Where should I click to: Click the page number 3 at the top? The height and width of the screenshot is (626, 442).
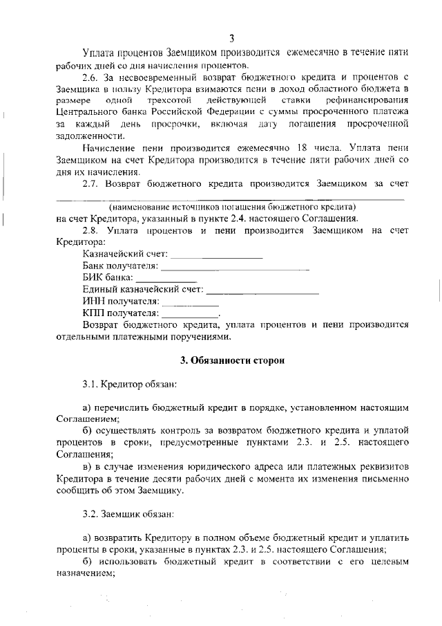[232, 38]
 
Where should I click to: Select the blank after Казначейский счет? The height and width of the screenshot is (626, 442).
[216, 255]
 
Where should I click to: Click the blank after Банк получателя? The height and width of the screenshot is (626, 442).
[234, 266]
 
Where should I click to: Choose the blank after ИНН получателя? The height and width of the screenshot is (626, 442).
[190, 302]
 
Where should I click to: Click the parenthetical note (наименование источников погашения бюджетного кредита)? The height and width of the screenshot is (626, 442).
[232, 206]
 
